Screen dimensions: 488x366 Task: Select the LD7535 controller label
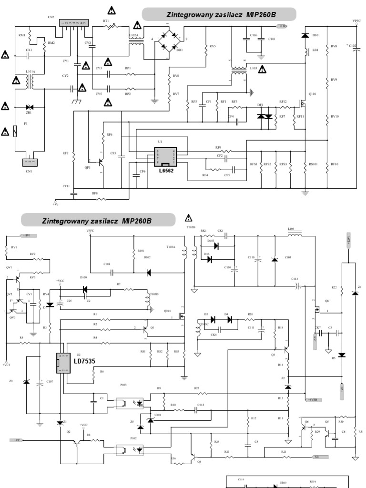point(84,361)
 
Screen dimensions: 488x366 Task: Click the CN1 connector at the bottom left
point(30,162)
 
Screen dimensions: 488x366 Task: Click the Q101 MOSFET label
point(313,94)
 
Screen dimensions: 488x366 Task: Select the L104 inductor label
point(291,229)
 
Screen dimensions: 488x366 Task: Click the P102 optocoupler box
point(130,449)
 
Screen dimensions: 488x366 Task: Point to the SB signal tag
point(316,457)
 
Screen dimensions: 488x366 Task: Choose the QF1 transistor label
point(87,168)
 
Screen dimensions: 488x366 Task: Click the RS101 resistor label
point(313,164)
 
